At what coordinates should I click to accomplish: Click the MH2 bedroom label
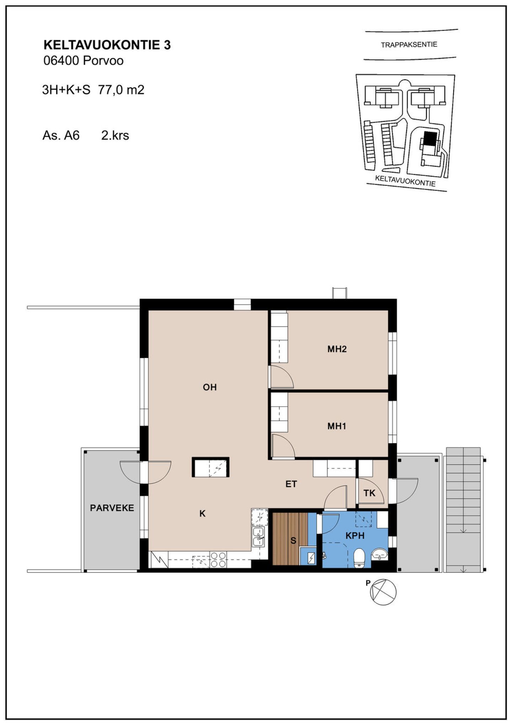click(337, 349)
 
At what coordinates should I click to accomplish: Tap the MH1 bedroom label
click(336, 426)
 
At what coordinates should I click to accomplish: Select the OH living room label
click(210, 387)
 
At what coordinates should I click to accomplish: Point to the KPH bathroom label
click(355, 535)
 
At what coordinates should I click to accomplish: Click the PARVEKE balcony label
click(112, 508)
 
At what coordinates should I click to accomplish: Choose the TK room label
click(369, 493)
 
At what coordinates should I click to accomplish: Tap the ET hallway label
click(291, 484)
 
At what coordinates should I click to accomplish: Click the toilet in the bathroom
click(360, 558)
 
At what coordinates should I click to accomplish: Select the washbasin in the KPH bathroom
click(379, 554)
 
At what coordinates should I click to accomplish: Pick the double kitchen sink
click(258, 537)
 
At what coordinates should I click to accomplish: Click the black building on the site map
click(430, 138)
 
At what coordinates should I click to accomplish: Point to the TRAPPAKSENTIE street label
click(409, 45)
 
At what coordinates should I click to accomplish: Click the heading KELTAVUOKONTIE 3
click(107, 45)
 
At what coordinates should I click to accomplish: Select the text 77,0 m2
click(121, 90)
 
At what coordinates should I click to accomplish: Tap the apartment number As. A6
click(61, 135)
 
